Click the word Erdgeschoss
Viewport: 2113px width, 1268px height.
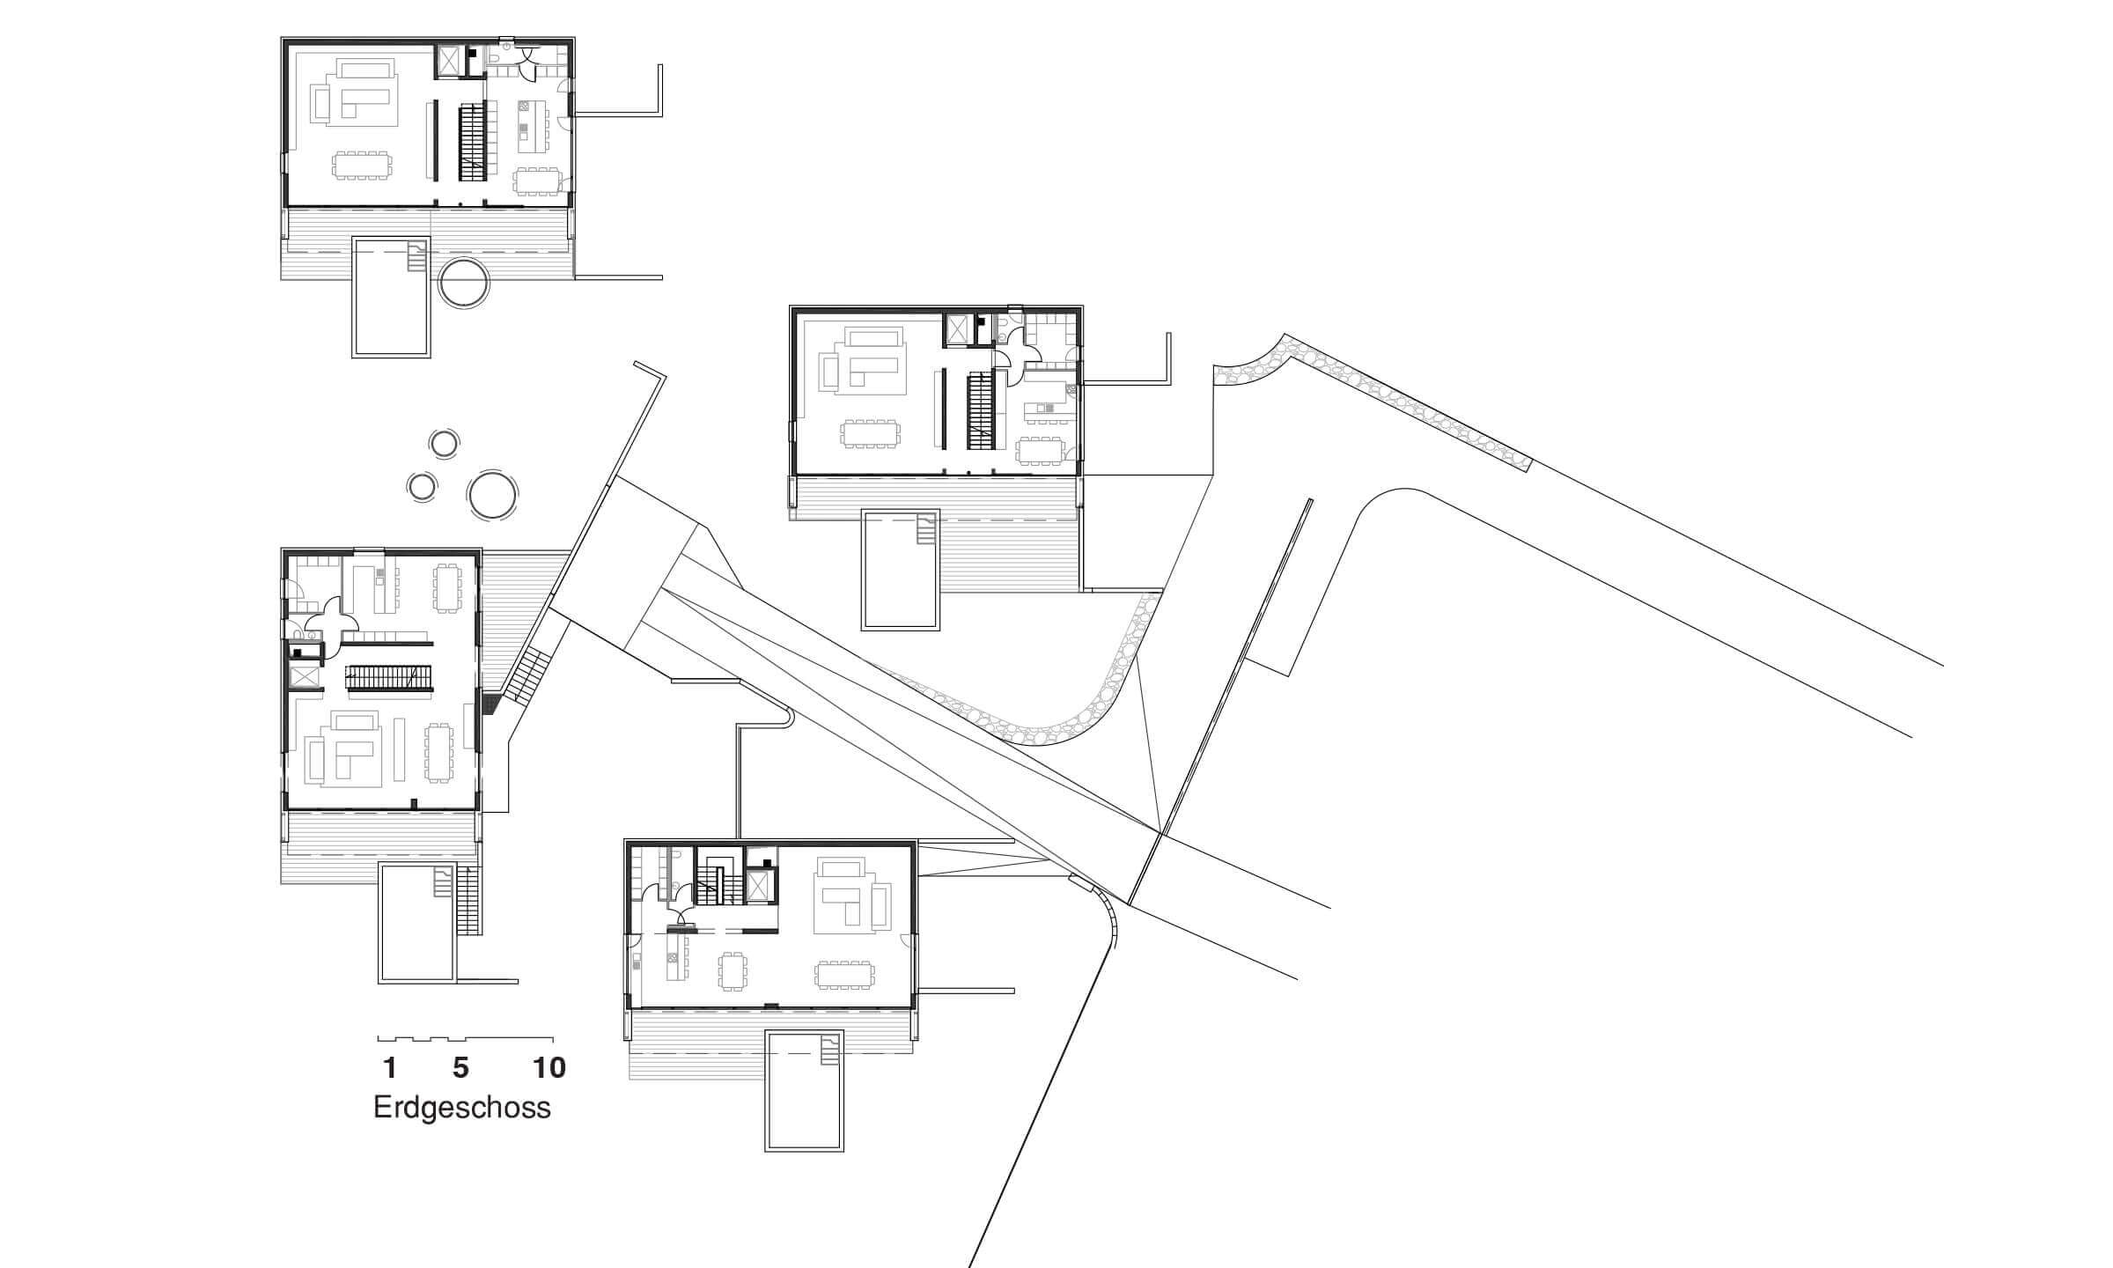(x=462, y=1108)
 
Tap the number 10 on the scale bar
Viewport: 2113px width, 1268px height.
(x=549, y=1068)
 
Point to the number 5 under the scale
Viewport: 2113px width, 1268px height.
(x=460, y=1068)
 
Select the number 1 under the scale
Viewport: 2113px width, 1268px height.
(x=389, y=1068)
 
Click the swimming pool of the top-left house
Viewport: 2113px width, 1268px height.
(x=392, y=296)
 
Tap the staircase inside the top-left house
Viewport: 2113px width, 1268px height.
(x=473, y=142)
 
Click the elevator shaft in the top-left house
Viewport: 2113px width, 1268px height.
(x=450, y=61)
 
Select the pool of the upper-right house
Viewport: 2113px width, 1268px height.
(x=902, y=570)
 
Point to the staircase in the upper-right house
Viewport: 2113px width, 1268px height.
(x=980, y=410)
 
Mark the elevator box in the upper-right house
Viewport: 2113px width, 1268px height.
(x=956, y=330)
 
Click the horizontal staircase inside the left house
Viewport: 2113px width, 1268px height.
(x=388, y=678)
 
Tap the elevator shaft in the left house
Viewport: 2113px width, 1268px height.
(x=305, y=676)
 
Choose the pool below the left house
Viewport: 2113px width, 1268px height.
(x=417, y=923)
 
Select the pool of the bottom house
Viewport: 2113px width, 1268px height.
(x=805, y=1090)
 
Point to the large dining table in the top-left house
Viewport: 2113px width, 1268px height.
(x=362, y=166)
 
